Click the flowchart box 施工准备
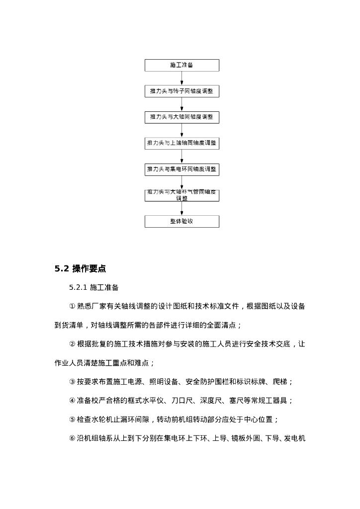click(181, 65)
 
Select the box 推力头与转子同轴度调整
click(181, 91)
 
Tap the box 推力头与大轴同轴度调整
click(181, 117)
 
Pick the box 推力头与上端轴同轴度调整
click(181, 143)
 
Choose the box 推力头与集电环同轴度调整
click(181, 170)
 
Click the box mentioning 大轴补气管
click(181, 195)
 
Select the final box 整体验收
click(181, 221)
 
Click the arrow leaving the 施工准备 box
click(181, 78)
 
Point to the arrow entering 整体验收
click(181, 209)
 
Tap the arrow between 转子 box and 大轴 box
click(181, 104)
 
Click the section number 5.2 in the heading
click(61, 269)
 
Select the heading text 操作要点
click(89, 269)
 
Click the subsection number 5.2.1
click(78, 288)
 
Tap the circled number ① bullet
click(72, 307)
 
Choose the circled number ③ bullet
click(72, 382)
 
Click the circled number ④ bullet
click(72, 401)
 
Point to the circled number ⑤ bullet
click(72, 420)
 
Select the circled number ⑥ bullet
click(72, 438)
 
